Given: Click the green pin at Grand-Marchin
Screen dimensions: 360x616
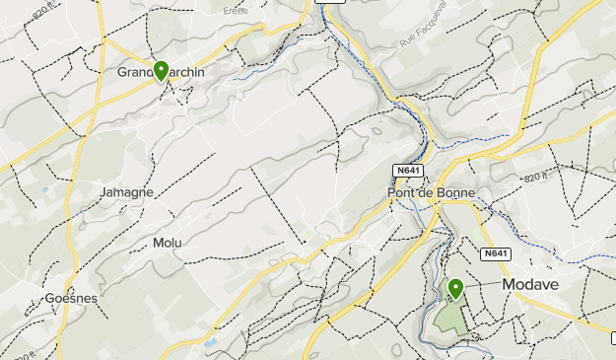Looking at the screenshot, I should (162, 70).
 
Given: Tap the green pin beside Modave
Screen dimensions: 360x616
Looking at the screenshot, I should (455, 287).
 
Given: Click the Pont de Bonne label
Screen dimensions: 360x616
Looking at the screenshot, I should (432, 192).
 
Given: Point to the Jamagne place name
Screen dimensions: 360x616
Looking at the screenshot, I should (127, 192).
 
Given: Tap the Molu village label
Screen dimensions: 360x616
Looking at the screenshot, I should (168, 242).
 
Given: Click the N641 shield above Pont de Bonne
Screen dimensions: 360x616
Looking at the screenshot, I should (412, 170).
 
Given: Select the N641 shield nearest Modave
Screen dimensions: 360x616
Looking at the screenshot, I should (496, 253).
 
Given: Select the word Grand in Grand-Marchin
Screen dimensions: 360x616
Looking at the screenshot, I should (136, 72).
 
